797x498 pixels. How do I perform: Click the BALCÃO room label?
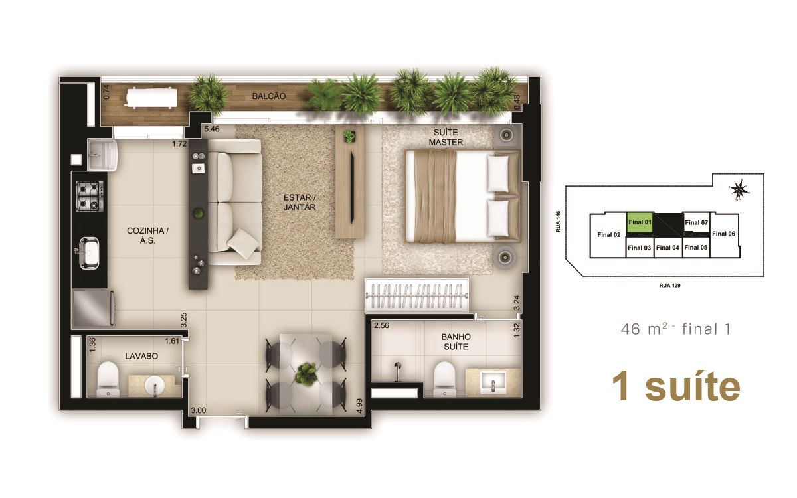pos(268,96)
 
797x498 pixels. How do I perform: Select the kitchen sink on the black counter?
pos(89,253)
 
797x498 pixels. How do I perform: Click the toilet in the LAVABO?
pos(108,379)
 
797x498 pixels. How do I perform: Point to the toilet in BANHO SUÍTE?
pos(444,379)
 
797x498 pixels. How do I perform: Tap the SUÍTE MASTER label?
pos(446,137)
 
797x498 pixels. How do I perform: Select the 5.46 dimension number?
pos(212,129)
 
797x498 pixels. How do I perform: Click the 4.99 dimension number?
pos(359,406)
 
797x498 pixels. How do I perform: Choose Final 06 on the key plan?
pos(723,234)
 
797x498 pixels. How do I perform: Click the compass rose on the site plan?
pos(739,189)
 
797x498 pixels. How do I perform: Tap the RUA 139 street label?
pos(669,286)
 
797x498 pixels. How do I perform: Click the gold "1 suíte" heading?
pos(675,386)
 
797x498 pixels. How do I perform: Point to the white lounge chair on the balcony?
pos(151,98)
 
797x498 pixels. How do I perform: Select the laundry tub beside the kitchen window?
pos(102,155)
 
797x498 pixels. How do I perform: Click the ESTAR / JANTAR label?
pos(300,202)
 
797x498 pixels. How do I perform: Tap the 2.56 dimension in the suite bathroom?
pos(381,325)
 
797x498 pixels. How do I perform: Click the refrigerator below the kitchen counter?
pos(94,308)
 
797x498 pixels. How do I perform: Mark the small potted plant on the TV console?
pos(350,137)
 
